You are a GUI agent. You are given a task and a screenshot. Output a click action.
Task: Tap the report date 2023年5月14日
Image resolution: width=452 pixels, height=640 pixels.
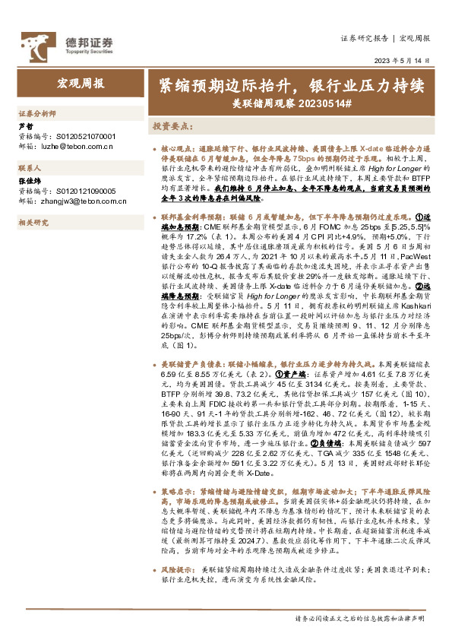pyautogui.click(x=402, y=61)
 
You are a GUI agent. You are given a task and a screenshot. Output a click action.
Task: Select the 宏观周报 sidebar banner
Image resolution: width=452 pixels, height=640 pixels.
pyautogui.click(x=81, y=84)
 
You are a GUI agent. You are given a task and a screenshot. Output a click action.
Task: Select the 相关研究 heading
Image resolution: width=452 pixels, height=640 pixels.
pyautogui.click(x=33, y=222)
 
